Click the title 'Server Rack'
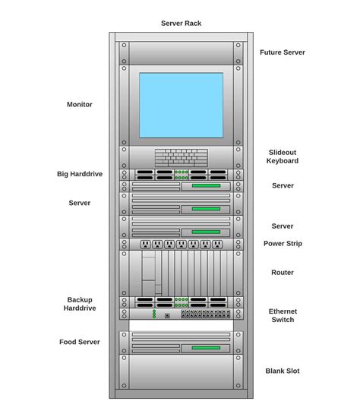point(181,23)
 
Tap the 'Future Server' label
point(282,52)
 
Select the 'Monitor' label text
point(80,104)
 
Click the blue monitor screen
point(181,105)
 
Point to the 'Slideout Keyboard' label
point(282,156)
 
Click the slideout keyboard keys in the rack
point(181,157)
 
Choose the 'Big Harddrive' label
point(80,174)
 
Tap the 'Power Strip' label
point(283,244)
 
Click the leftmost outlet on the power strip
point(145,245)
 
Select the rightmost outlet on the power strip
point(217,245)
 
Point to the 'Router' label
point(283,272)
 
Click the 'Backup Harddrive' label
point(80,304)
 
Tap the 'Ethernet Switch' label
point(283,315)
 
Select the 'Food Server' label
point(80,342)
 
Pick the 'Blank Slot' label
point(283,371)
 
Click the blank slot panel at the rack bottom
point(181,372)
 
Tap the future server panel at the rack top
point(181,53)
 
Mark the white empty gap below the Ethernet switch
point(181,325)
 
